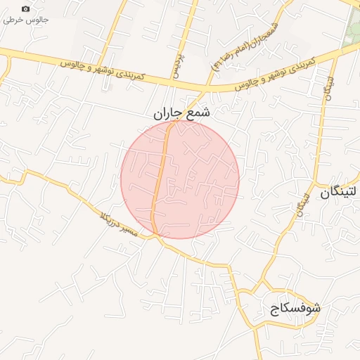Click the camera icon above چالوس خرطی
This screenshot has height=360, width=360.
(26, 8)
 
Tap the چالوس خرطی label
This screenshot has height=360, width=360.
(26, 20)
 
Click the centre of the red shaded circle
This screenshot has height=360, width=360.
(180, 179)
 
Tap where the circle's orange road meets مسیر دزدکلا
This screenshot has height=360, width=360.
(157, 235)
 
